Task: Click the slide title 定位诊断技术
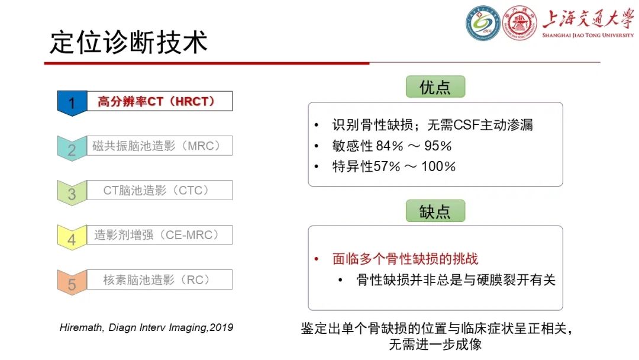tap(129, 42)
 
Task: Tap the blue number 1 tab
tap(72, 103)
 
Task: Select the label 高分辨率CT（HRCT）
tap(156, 101)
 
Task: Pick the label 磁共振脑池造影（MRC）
tap(157, 146)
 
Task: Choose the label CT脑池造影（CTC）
tap(157, 190)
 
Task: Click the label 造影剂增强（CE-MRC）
tap(157, 235)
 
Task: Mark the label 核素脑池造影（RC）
tap(157, 279)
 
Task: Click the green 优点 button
tap(435, 88)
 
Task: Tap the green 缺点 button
tap(435, 211)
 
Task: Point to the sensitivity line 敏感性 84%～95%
tap(392, 146)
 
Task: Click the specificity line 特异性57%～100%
tap(393, 166)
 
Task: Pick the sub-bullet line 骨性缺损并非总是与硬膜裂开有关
tap(456, 279)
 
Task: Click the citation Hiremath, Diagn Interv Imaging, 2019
tap(147, 327)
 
